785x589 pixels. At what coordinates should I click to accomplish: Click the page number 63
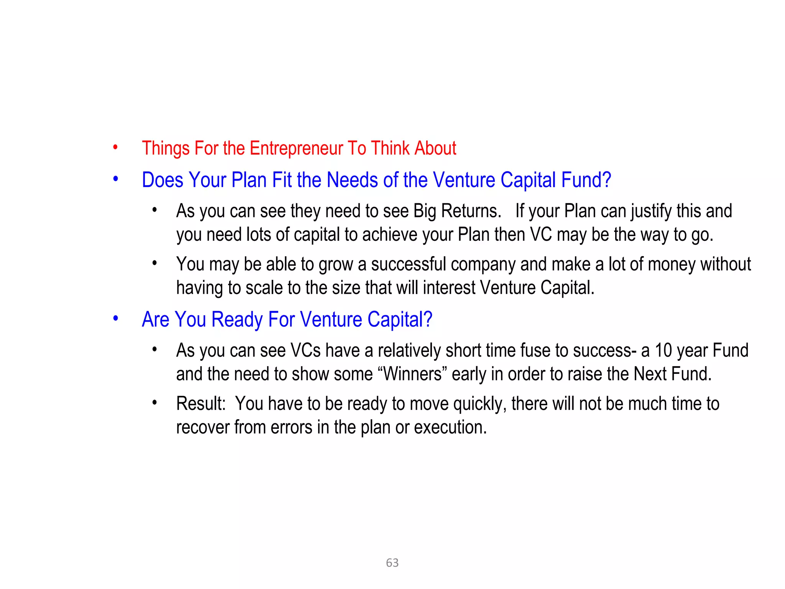tap(392, 563)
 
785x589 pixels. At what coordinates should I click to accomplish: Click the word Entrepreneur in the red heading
tap(296, 148)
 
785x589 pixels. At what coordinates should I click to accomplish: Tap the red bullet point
tap(115, 148)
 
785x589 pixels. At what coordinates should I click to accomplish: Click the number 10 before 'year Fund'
tap(663, 350)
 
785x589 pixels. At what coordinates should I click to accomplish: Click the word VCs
tap(305, 350)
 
